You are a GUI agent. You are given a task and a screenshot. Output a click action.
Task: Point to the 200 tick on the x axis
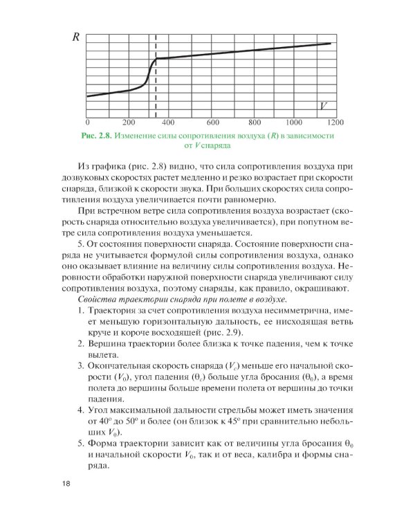click(x=129, y=122)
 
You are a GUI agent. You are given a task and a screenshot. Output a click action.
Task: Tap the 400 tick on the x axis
click(x=171, y=122)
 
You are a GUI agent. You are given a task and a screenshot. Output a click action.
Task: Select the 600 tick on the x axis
click(x=213, y=122)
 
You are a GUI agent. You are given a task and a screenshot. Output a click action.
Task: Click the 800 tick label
click(x=255, y=122)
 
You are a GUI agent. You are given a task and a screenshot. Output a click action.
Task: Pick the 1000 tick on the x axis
click(x=295, y=122)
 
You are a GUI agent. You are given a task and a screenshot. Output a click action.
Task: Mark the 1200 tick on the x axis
click(x=335, y=122)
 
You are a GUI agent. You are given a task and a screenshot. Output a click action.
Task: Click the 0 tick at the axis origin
click(x=87, y=122)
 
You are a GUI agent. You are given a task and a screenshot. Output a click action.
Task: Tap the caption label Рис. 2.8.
click(x=95, y=135)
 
